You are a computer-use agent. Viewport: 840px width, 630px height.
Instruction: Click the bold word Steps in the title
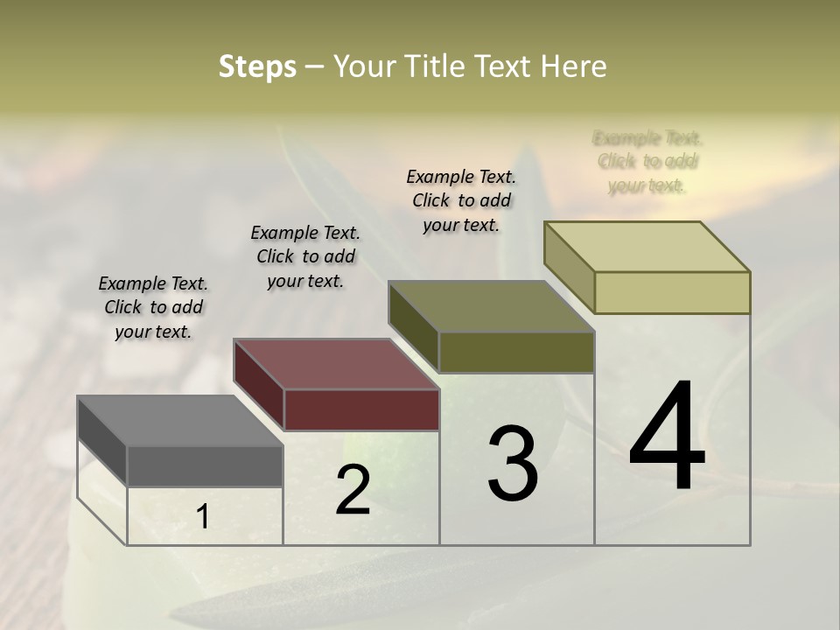[x=257, y=66]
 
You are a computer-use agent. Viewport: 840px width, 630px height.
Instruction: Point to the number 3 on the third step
[x=513, y=464]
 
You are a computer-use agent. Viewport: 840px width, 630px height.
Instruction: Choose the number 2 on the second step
[x=353, y=490]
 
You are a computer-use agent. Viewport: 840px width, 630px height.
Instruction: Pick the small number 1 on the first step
[x=202, y=517]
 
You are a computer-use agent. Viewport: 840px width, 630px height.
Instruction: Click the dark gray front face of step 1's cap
[x=205, y=466]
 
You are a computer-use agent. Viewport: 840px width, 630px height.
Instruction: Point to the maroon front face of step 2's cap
[x=361, y=409]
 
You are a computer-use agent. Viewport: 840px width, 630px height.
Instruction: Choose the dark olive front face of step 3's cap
[x=516, y=353]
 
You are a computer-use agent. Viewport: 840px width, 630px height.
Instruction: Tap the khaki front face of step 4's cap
[x=672, y=292]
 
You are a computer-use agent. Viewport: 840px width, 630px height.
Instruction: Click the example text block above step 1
[x=153, y=308]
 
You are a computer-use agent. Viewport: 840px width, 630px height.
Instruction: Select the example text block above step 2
[x=305, y=256]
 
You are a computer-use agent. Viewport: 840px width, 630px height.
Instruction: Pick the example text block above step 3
[x=461, y=200]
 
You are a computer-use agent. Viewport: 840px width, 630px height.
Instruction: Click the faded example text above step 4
[x=647, y=162]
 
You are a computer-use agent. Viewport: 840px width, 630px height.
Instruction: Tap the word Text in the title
[x=506, y=66]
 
